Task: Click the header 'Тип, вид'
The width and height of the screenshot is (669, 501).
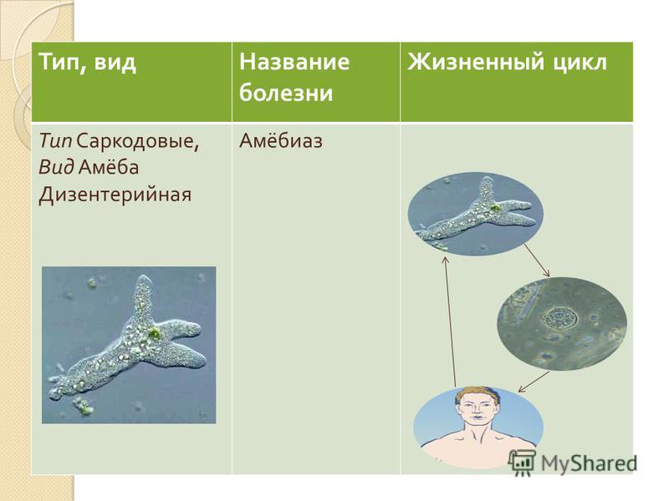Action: coord(88,63)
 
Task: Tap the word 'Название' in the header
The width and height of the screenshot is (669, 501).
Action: coord(294,61)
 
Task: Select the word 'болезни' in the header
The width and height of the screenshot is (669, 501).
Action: coord(286,92)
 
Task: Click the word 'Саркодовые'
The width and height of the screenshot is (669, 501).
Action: coord(138,141)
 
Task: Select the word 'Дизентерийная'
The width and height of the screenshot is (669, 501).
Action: coord(115,195)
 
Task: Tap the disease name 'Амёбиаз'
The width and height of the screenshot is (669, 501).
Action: coord(281,140)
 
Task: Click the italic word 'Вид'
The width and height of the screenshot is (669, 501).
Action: coord(56,167)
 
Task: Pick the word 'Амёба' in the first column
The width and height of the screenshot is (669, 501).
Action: coord(109,166)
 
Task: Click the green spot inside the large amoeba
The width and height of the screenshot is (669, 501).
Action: coord(154,333)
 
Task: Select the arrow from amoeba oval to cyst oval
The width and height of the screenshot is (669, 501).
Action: coord(537,261)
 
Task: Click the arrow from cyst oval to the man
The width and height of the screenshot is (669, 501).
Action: coord(534,382)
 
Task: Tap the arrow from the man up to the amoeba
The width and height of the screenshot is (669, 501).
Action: coord(450,321)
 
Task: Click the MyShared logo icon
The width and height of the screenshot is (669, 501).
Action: coord(522,463)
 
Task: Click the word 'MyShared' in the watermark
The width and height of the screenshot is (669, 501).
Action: coord(589,463)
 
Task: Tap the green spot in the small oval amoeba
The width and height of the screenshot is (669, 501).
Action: coord(495,208)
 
